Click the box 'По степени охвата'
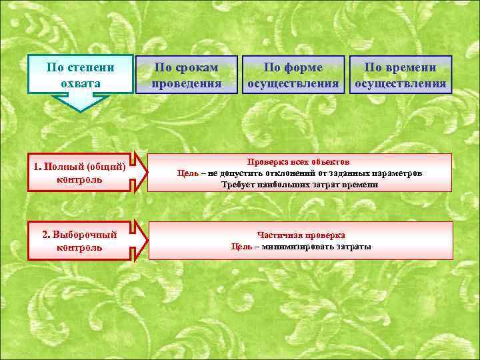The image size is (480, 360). (x=81, y=75)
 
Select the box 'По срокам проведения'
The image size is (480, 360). (x=186, y=75)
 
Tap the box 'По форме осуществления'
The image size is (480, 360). (x=293, y=75)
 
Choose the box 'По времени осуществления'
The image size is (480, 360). (x=401, y=75)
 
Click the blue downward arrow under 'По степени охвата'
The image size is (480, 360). (x=81, y=103)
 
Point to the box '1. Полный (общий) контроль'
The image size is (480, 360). (x=80, y=173)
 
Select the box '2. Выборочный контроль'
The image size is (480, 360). (x=80, y=241)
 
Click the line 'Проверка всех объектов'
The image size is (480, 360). (x=299, y=162)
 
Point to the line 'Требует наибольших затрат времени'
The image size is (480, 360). (x=299, y=185)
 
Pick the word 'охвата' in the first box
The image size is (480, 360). (x=81, y=84)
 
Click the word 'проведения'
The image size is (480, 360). (x=186, y=84)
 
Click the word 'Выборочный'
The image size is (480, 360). (x=85, y=235)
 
